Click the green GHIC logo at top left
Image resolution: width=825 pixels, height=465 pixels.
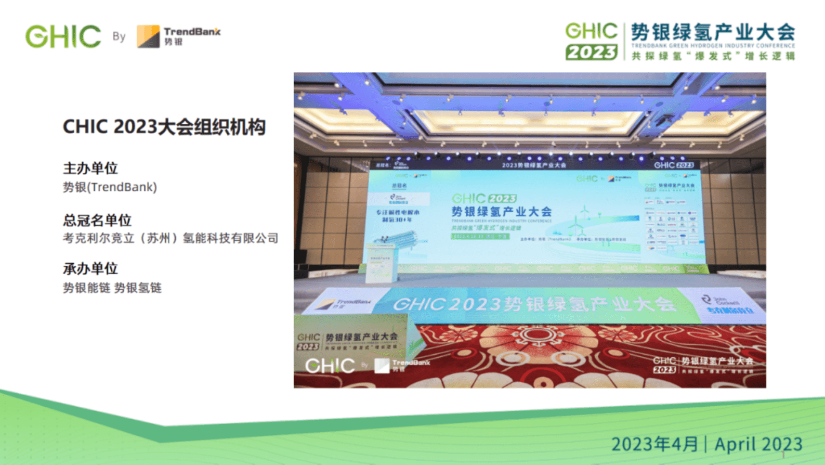pyautogui.click(x=63, y=36)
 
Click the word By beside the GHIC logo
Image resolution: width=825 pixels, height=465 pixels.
pyautogui.click(x=119, y=36)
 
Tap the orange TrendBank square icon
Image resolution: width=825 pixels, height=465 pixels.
pyautogui.click(x=148, y=36)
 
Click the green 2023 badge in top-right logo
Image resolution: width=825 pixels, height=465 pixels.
pyautogui.click(x=592, y=52)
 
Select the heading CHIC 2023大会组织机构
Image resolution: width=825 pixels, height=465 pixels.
pyautogui.click(x=164, y=127)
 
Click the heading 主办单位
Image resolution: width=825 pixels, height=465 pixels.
pyautogui.click(x=90, y=168)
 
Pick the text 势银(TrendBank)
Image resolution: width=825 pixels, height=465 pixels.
pyautogui.click(x=110, y=187)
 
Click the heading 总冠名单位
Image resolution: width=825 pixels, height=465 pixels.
pyautogui.click(x=97, y=220)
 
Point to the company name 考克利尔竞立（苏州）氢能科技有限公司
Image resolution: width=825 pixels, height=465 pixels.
pyautogui.click(x=171, y=238)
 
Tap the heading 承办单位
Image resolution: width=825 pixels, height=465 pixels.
pyautogui.click(x=90, y=268)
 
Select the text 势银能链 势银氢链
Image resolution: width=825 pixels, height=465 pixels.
pyautogui.click(x=112, y=288)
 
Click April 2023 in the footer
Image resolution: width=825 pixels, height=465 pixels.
pyautogui.click(x=758, y=444)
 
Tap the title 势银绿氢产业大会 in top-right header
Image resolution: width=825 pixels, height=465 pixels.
pyautogui.click(x=713, y=32)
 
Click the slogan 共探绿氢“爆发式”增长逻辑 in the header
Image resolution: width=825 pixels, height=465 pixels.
pyautogui.click(x=713, y=56)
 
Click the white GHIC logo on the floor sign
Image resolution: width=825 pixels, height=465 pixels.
pyautogui.click(x=330, y=366)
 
